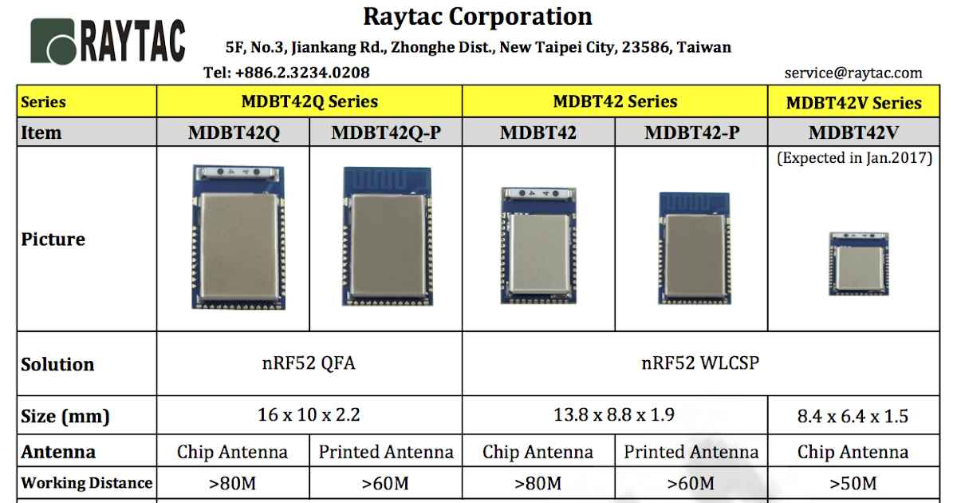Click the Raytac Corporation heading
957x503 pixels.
coord(477,16)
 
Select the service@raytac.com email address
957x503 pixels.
coord(853,73)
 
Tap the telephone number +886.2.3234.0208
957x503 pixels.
coord(302,73)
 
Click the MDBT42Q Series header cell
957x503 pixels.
coord(309,101)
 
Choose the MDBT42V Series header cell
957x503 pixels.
coord(853,102)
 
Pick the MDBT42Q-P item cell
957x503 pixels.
coord(386,133)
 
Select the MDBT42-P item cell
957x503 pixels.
coord(691,133)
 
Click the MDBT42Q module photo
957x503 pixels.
coord(238,237)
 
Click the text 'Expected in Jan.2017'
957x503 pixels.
coord(854,157)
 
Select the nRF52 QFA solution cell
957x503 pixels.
coord(309,363)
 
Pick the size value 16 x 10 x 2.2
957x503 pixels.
coord(309,415)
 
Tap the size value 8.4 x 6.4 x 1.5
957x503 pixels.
coord(853,416)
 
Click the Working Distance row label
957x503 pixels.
coord(86,483)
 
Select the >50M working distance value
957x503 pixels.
coord(853,483)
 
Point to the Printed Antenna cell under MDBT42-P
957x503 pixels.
coord(691,452)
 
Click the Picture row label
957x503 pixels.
coord(53,240)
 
